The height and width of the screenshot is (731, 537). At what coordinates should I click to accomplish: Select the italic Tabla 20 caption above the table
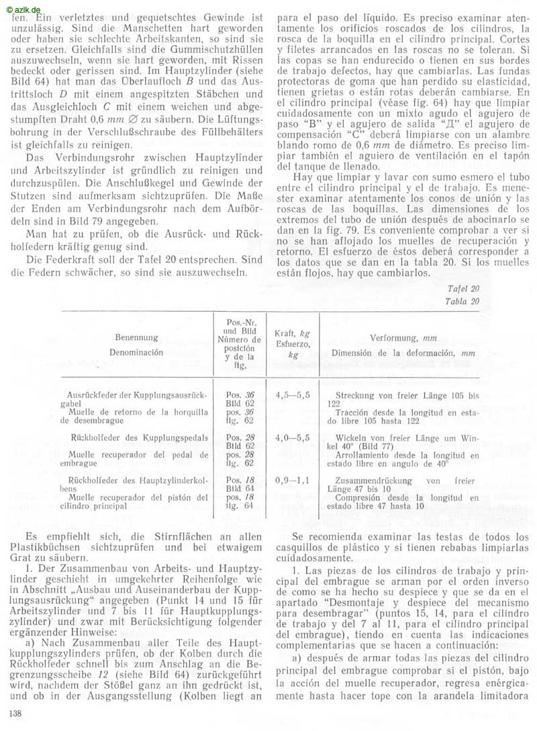pyautogui.click(x=463, y=301)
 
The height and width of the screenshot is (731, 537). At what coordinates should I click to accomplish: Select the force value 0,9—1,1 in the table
pyautogui.click(x=293, y=481)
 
